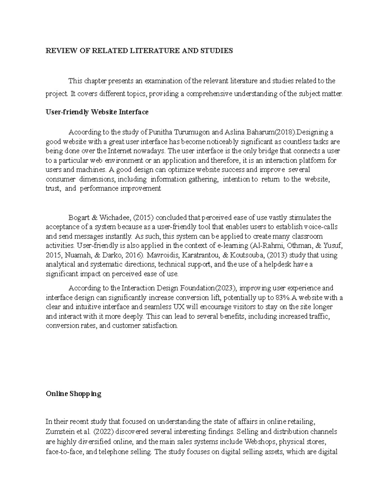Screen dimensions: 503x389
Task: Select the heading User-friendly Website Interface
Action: (97, 112)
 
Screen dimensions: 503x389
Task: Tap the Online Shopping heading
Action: (73, 394)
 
